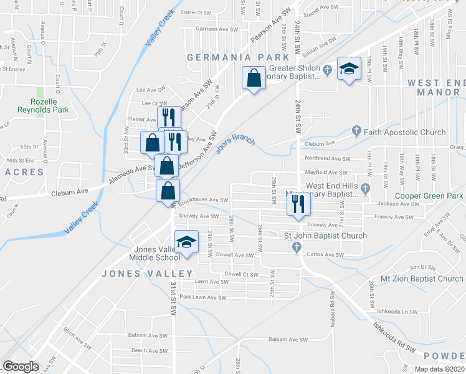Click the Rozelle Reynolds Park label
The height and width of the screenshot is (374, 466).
(x=50, y=105)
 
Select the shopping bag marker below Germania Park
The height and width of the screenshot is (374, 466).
(x=253, y=79)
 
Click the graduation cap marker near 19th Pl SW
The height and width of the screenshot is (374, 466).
(x=349, y=69)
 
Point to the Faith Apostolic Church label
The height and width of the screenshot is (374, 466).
(x=405, y=132)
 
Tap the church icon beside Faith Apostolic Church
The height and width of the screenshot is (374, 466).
(x=356, y=131)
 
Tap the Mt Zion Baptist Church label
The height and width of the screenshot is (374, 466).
(x=424, y=279)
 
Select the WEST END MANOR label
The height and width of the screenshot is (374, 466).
(x=435, y=87)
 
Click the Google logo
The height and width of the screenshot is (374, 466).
(x=21, y=367)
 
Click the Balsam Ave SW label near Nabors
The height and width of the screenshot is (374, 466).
(x=288, y=340)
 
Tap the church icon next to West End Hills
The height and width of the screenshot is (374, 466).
(x=366, y=187)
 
